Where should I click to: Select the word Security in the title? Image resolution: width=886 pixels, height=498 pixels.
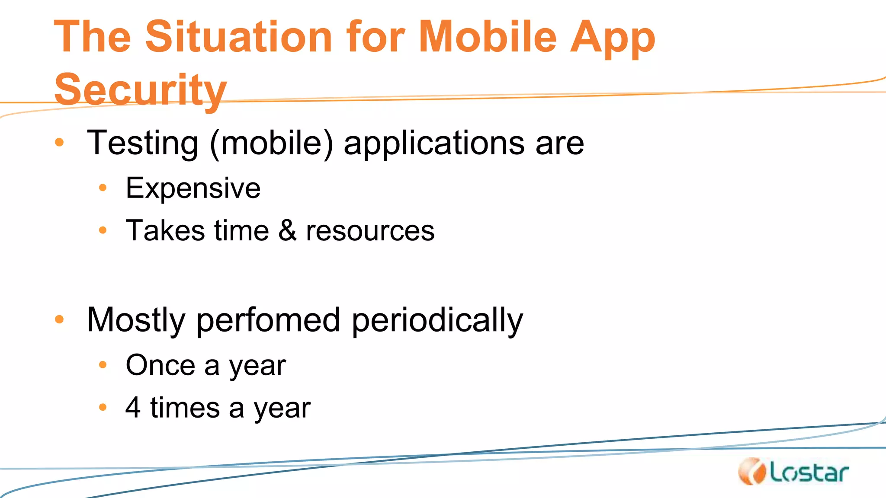(141, 90)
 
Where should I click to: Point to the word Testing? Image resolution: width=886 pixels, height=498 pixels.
(143, 144)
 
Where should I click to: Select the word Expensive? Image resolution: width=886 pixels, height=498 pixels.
(193, 188)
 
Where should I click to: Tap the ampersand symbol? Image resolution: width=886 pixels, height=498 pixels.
(287, 230)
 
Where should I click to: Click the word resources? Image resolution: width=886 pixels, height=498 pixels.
(370, 231)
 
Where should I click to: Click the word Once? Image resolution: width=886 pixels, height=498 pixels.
(160, 365)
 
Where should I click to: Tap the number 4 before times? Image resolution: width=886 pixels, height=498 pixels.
(133, 407)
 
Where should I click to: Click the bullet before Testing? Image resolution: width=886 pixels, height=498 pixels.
(59, 142)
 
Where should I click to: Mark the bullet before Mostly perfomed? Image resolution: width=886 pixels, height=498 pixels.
(59, 319)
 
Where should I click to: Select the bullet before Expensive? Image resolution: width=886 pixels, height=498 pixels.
(103, 188)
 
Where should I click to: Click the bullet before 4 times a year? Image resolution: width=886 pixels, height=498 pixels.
(103, 407)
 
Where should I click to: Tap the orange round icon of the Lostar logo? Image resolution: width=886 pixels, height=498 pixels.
(752, 472)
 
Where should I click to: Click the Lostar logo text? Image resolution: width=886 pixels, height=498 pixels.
(809, 473)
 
